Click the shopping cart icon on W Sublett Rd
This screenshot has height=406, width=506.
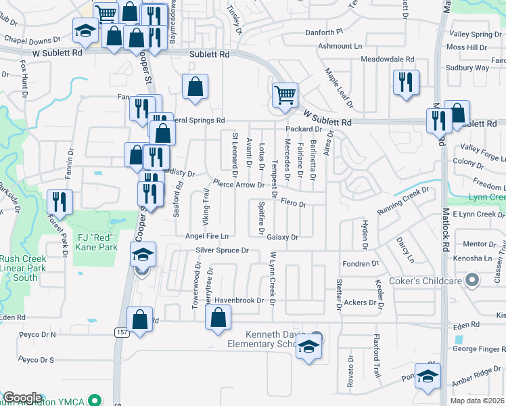click(x=285, y=94)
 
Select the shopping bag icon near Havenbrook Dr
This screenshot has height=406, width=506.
click(x=218, y=317)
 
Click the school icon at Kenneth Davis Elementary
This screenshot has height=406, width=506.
click(x=308, y=346)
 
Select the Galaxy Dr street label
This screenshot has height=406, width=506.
click(x=282, y=238)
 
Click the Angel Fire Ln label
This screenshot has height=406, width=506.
click(x=208, y=236)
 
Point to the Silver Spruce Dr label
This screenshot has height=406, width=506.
click(x=223, y=250)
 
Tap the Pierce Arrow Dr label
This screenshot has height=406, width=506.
click(x=237, y=184)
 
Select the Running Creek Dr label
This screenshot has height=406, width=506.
click(x=404, y=201)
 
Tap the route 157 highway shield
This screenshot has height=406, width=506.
click(x=120, y=333)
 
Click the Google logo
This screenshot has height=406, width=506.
click(x=22, y=398)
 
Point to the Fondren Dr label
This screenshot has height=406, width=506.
click(x=360, y=264)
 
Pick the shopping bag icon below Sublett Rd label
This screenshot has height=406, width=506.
click(x=195, y=86)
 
